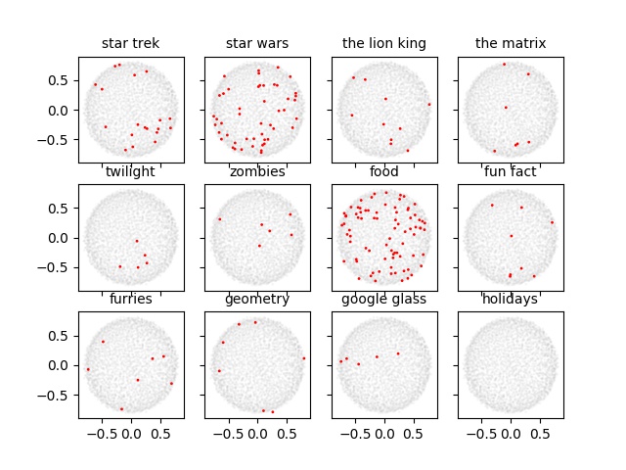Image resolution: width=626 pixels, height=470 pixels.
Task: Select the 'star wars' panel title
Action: [257, 43]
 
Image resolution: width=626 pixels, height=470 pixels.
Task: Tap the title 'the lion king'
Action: [383, 43]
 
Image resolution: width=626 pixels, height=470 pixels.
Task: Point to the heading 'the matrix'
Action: [511, 43]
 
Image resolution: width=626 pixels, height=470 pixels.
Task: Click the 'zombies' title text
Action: [257, 171]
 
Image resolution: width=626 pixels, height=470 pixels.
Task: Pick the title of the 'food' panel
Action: [383, 171]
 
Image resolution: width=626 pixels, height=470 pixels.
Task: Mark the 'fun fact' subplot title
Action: [511, 171]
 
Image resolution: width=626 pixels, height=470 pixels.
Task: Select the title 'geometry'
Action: [257, 299]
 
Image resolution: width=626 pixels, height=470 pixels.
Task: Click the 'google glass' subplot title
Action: [383, 299]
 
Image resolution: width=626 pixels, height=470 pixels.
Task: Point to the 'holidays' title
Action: [511, 299]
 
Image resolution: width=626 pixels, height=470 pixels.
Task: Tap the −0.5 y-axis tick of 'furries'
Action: [57, 395]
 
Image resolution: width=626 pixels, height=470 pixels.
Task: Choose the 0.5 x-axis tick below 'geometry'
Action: [287, 431]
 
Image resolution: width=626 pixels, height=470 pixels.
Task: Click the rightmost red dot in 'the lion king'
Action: [428, 104]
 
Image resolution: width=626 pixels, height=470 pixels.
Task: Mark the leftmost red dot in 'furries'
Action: [88, 369]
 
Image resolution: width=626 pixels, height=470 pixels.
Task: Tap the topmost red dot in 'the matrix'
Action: [504, 64]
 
